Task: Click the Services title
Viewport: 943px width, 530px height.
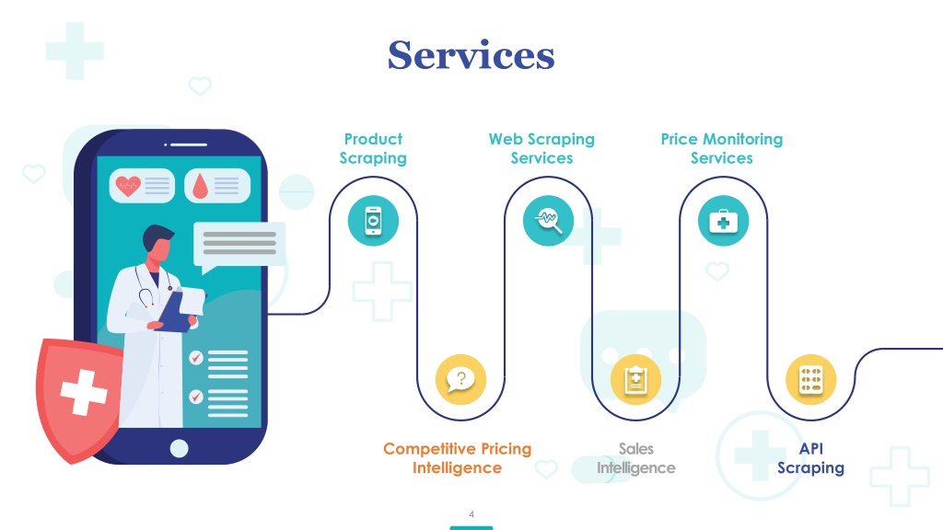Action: click(471, 55)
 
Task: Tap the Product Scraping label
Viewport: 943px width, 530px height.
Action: click(373, 148)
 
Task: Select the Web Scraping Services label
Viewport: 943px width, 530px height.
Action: click(541, 148)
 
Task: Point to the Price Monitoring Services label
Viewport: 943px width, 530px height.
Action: click(722, 148)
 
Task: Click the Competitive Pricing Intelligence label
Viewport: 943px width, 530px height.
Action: click(457, 458)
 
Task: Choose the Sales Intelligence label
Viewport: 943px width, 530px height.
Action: click(635, 458)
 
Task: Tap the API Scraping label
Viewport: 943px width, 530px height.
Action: click(810, 458)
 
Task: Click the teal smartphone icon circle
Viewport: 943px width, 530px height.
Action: click(373, 221)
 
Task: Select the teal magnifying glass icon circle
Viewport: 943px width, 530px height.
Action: click(548, 221)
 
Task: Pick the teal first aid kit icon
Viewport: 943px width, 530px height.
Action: click(723, 221)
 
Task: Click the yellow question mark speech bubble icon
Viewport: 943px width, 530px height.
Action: click(460, 379)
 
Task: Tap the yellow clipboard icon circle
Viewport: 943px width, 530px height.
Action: click(635, 379)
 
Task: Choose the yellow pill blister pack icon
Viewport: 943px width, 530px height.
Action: click(810, 379)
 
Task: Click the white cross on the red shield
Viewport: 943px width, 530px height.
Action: click(84, 393)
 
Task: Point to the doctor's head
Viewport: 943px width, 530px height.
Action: click(157, 243)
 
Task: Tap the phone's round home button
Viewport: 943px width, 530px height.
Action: click(180, 448)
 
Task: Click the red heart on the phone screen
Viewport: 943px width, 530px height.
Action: click(127, 186)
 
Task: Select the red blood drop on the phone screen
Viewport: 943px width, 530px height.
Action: click(200, 186)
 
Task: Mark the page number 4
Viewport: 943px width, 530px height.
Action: click(471, 514)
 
